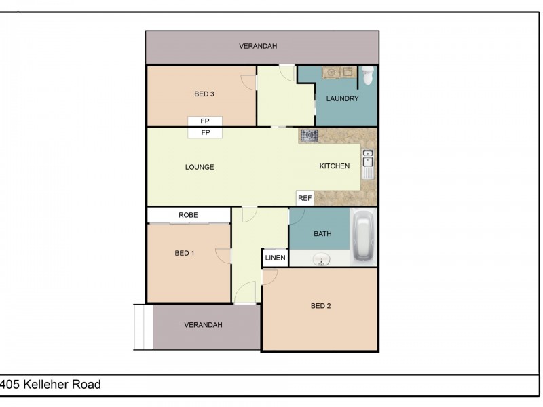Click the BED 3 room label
pyautogui.click(x=204, y=94)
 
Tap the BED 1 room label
pyautogui.click(x=185, y=254)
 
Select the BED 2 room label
pyautogui.click(x=320, y=306)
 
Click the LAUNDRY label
pyautogui.click(x=342, y=99)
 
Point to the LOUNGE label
pyautogui.click(x=200, y=167)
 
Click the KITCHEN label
pyautogui.click(x=335, y=166)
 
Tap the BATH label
pyautogui.click(x=322, y=234)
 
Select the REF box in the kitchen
pyautogui.click(x=305, y=199)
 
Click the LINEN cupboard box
pyautogui.click(x=275, y=258)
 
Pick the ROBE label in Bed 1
pyautogui.click(x=188, y=215)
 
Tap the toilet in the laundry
pyautogui.click(x=367, y=75)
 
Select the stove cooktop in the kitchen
pyautogui.click(x=310, y=136)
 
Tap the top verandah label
pyautogui.click(x=258, y=47)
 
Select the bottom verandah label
pyautogui.click(x=204, y=325)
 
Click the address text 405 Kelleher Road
pyautogui.click(x=51, y=385)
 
